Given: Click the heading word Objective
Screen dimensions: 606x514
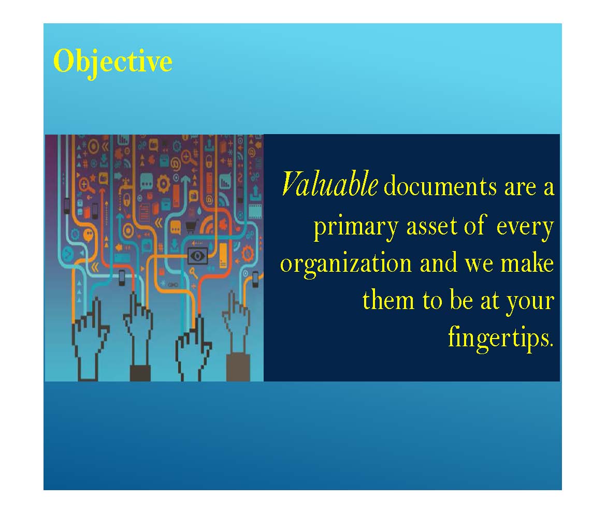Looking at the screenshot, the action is (x=112, y=62).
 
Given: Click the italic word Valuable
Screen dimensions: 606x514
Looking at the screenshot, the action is (x=329, y=183).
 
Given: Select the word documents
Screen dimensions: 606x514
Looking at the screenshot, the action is (x=440, y=186).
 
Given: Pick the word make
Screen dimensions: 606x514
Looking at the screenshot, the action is (x=527, y=262).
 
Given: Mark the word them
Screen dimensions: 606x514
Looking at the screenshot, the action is (x=388, y=299).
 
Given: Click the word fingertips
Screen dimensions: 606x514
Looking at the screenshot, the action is (x=501, y=338).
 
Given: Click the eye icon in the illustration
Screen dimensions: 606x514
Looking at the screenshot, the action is (x=197, y=256).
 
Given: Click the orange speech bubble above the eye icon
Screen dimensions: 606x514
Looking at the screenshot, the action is (x=176, y=227).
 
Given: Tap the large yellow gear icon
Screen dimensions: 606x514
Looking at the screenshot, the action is (x=163, y=184).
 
